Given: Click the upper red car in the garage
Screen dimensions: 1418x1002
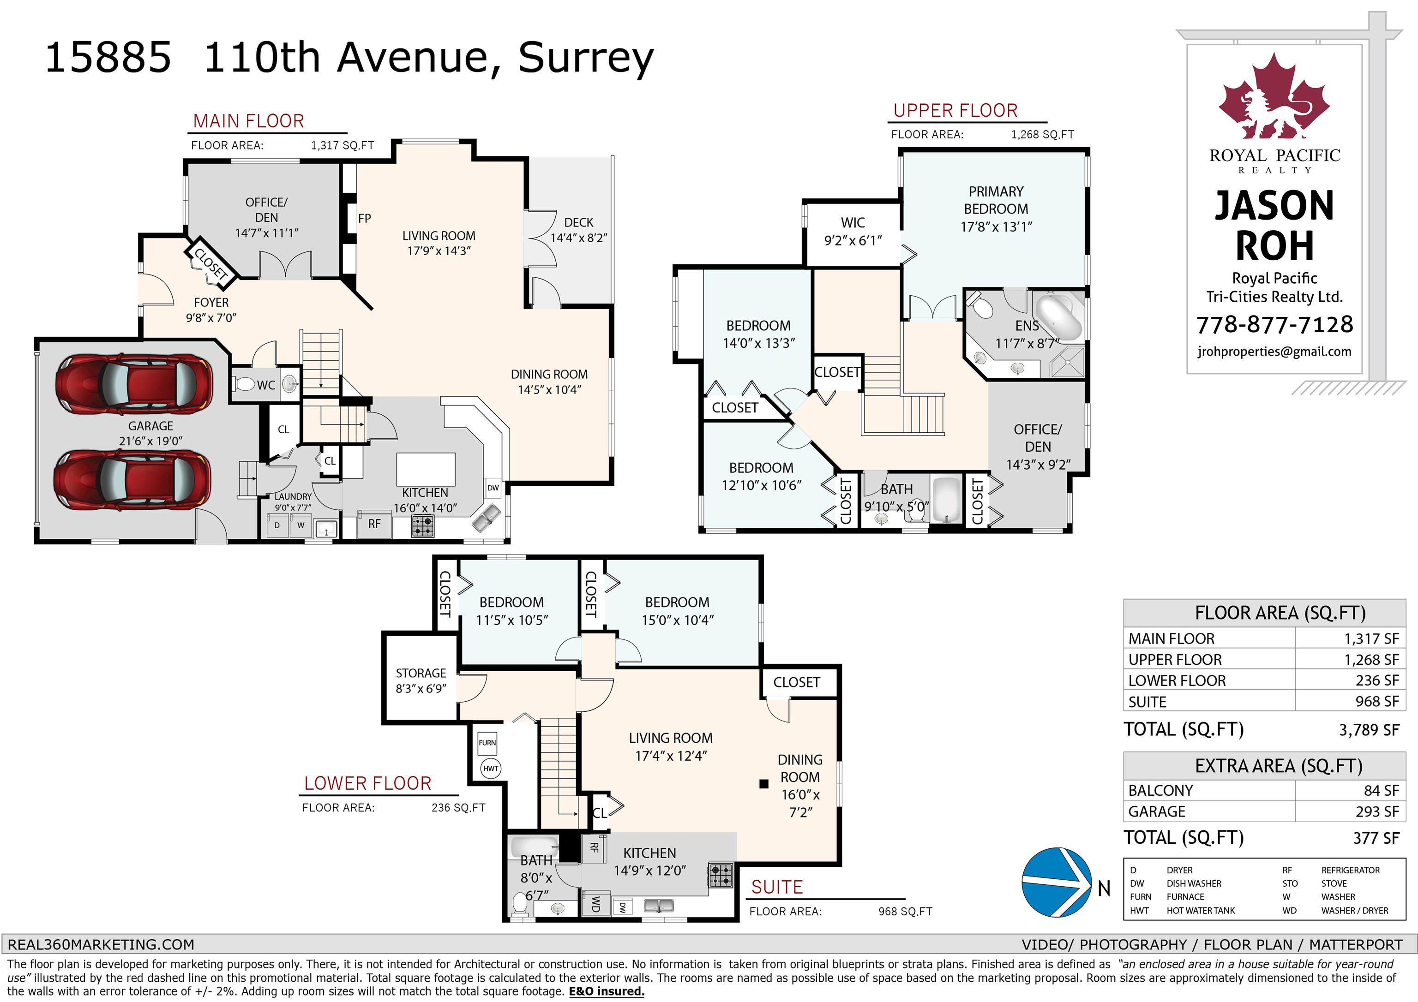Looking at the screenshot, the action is (134, 384).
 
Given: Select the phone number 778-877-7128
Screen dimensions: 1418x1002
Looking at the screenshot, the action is (1275, 324).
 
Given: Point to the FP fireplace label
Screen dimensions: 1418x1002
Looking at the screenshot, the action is (364, 218).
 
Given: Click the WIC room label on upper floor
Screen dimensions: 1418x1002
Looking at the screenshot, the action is (853, 223).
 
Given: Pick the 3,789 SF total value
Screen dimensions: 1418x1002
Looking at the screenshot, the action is (1369, 730).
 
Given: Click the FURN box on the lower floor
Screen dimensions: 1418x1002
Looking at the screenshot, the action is (487, 743).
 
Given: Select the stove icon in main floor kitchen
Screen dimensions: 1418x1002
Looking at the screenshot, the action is (422, 525).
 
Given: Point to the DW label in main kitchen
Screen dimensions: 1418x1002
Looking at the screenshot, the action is (493, 488).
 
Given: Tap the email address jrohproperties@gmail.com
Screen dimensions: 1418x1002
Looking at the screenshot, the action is (1274, 351).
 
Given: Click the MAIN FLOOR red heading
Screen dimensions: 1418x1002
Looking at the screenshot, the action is (249, 121).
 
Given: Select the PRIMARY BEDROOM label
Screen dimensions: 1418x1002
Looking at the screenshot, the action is (996, 200).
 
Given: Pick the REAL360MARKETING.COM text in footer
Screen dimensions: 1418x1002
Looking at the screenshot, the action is (101, 945).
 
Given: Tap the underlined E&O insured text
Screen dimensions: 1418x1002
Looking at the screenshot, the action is (607, 991).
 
